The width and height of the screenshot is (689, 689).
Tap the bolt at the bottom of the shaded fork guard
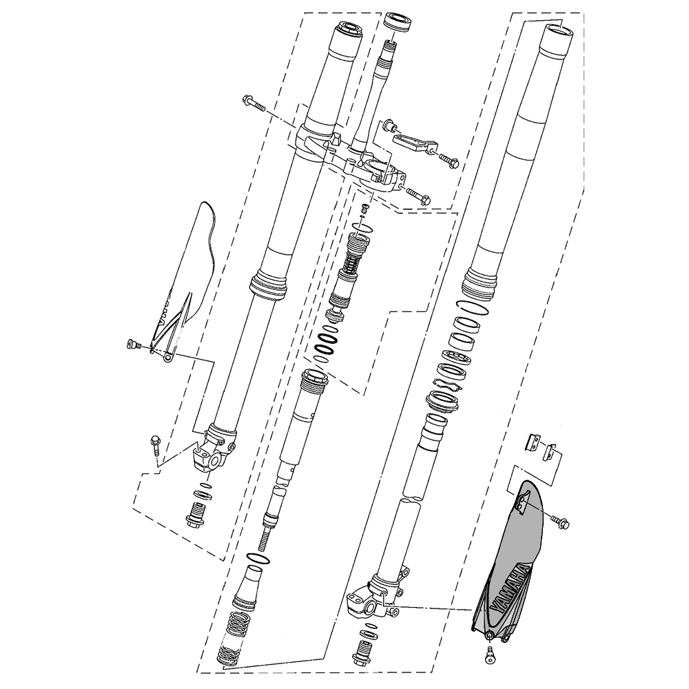(x=490, y=655)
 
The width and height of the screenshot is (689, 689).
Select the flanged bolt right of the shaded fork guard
(x=559, y=523)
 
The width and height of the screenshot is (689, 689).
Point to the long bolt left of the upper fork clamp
(x=254, y=103)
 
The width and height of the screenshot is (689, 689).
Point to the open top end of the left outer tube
(x=349, y=30)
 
